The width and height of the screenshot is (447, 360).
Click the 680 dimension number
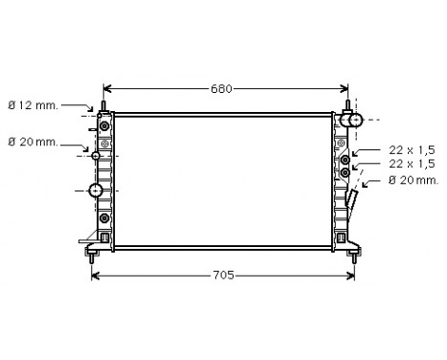[221, 89]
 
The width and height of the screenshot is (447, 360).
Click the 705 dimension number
[222, 276]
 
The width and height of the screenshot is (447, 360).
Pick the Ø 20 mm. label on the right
[413, 179]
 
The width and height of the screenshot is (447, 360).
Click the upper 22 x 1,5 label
[413, 150]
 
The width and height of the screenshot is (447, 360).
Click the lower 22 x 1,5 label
[413, 164]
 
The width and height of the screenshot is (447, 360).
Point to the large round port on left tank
[96, 190]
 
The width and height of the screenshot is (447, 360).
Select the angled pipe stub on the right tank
[353, 203]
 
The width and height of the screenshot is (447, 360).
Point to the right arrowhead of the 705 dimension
[346, 277]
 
